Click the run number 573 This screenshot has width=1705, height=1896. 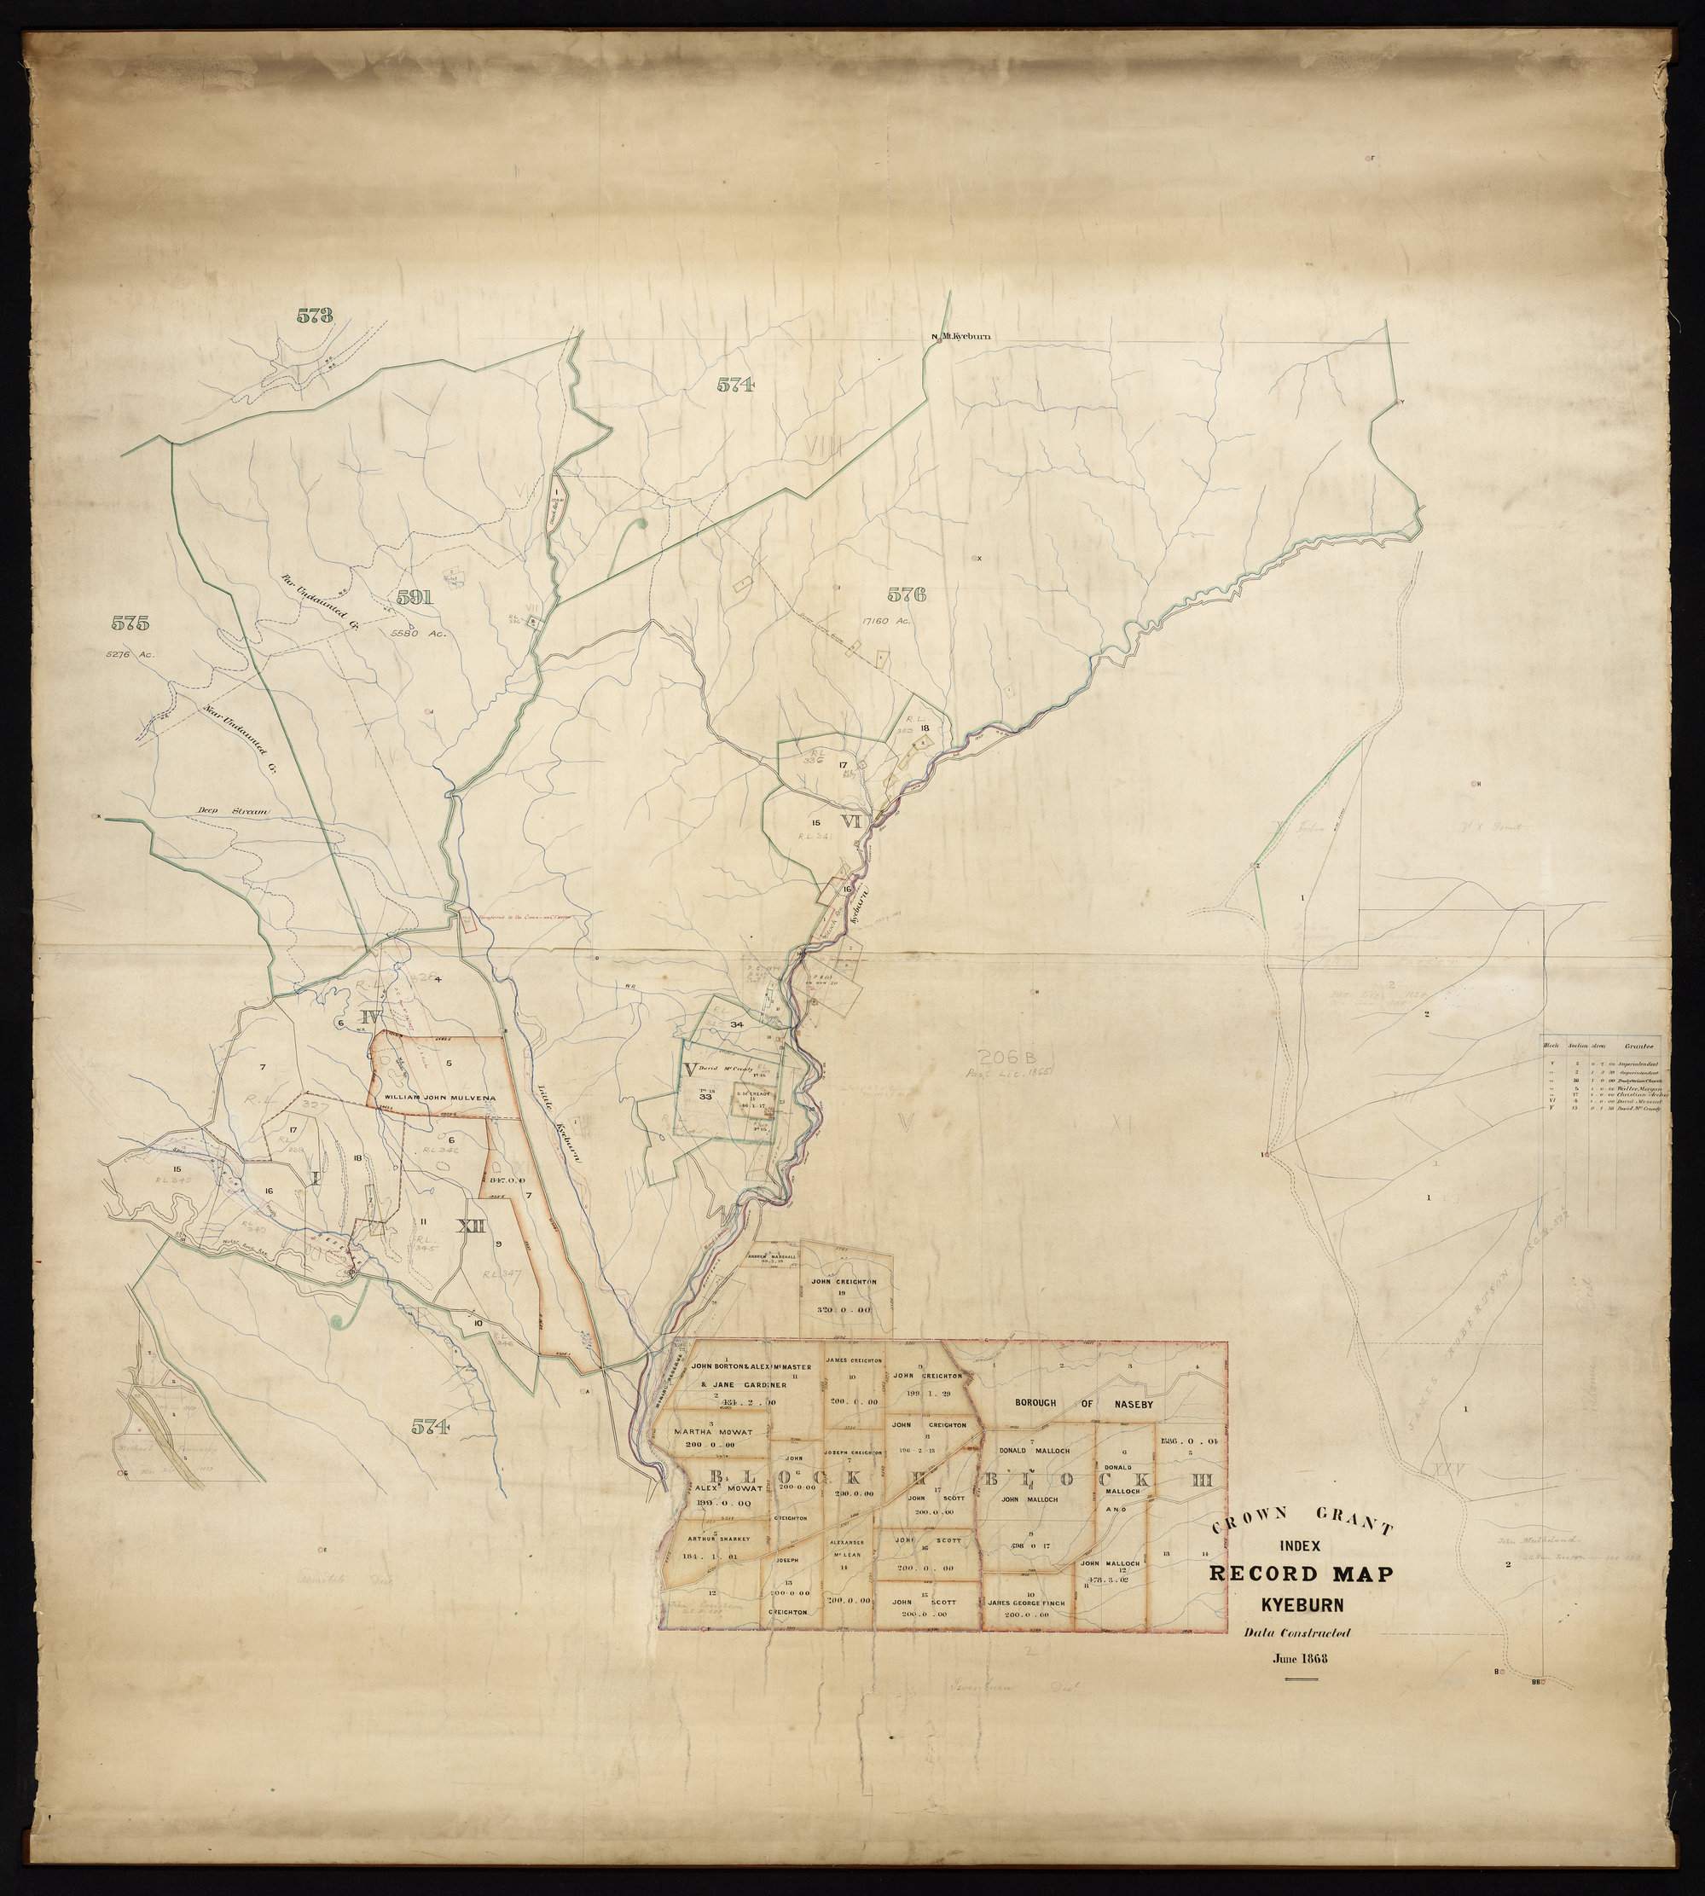315,316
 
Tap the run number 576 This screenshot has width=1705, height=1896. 906,593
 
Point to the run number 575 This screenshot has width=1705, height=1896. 130,622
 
